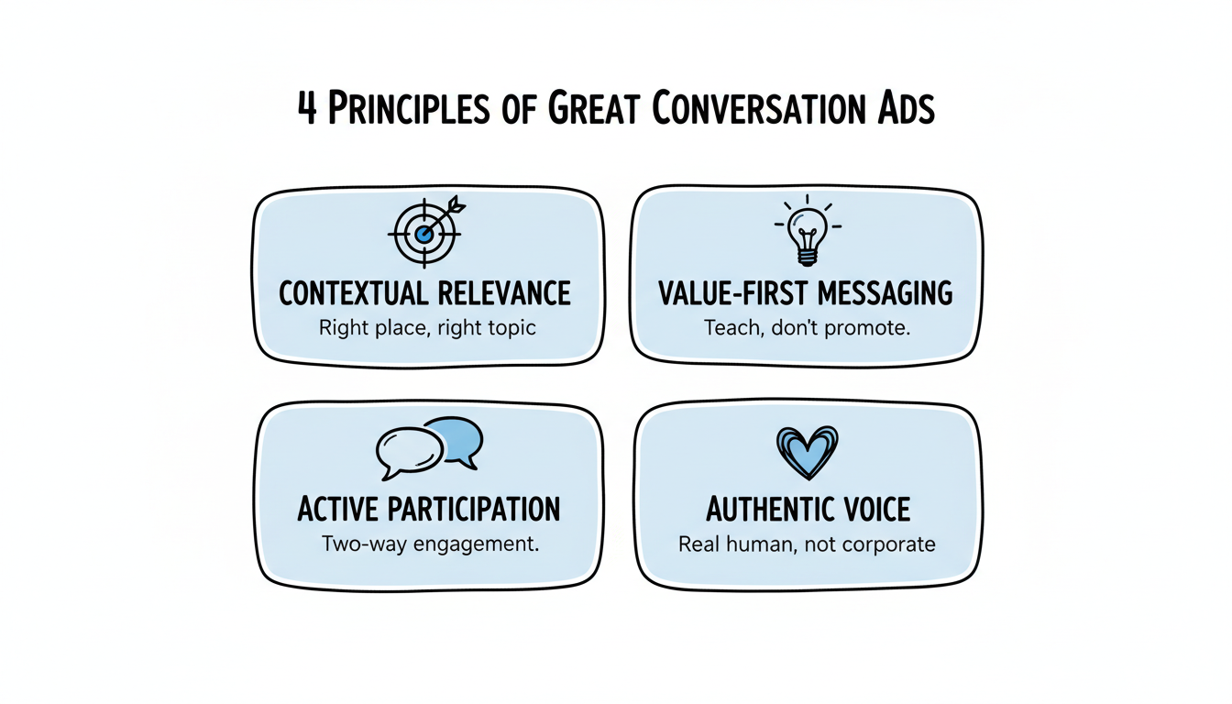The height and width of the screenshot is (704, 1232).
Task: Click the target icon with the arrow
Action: (425, 233)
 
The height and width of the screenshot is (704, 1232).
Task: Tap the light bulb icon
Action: (807, 231)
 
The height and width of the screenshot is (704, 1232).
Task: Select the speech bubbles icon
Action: (429, 446)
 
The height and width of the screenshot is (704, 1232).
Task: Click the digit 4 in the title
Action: (308, 110)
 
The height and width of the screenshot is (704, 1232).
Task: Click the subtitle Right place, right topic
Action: (426, 327)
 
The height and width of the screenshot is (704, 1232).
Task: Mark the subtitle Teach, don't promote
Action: (807, 327)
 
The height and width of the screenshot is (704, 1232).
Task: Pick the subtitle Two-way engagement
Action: (429, 544)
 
